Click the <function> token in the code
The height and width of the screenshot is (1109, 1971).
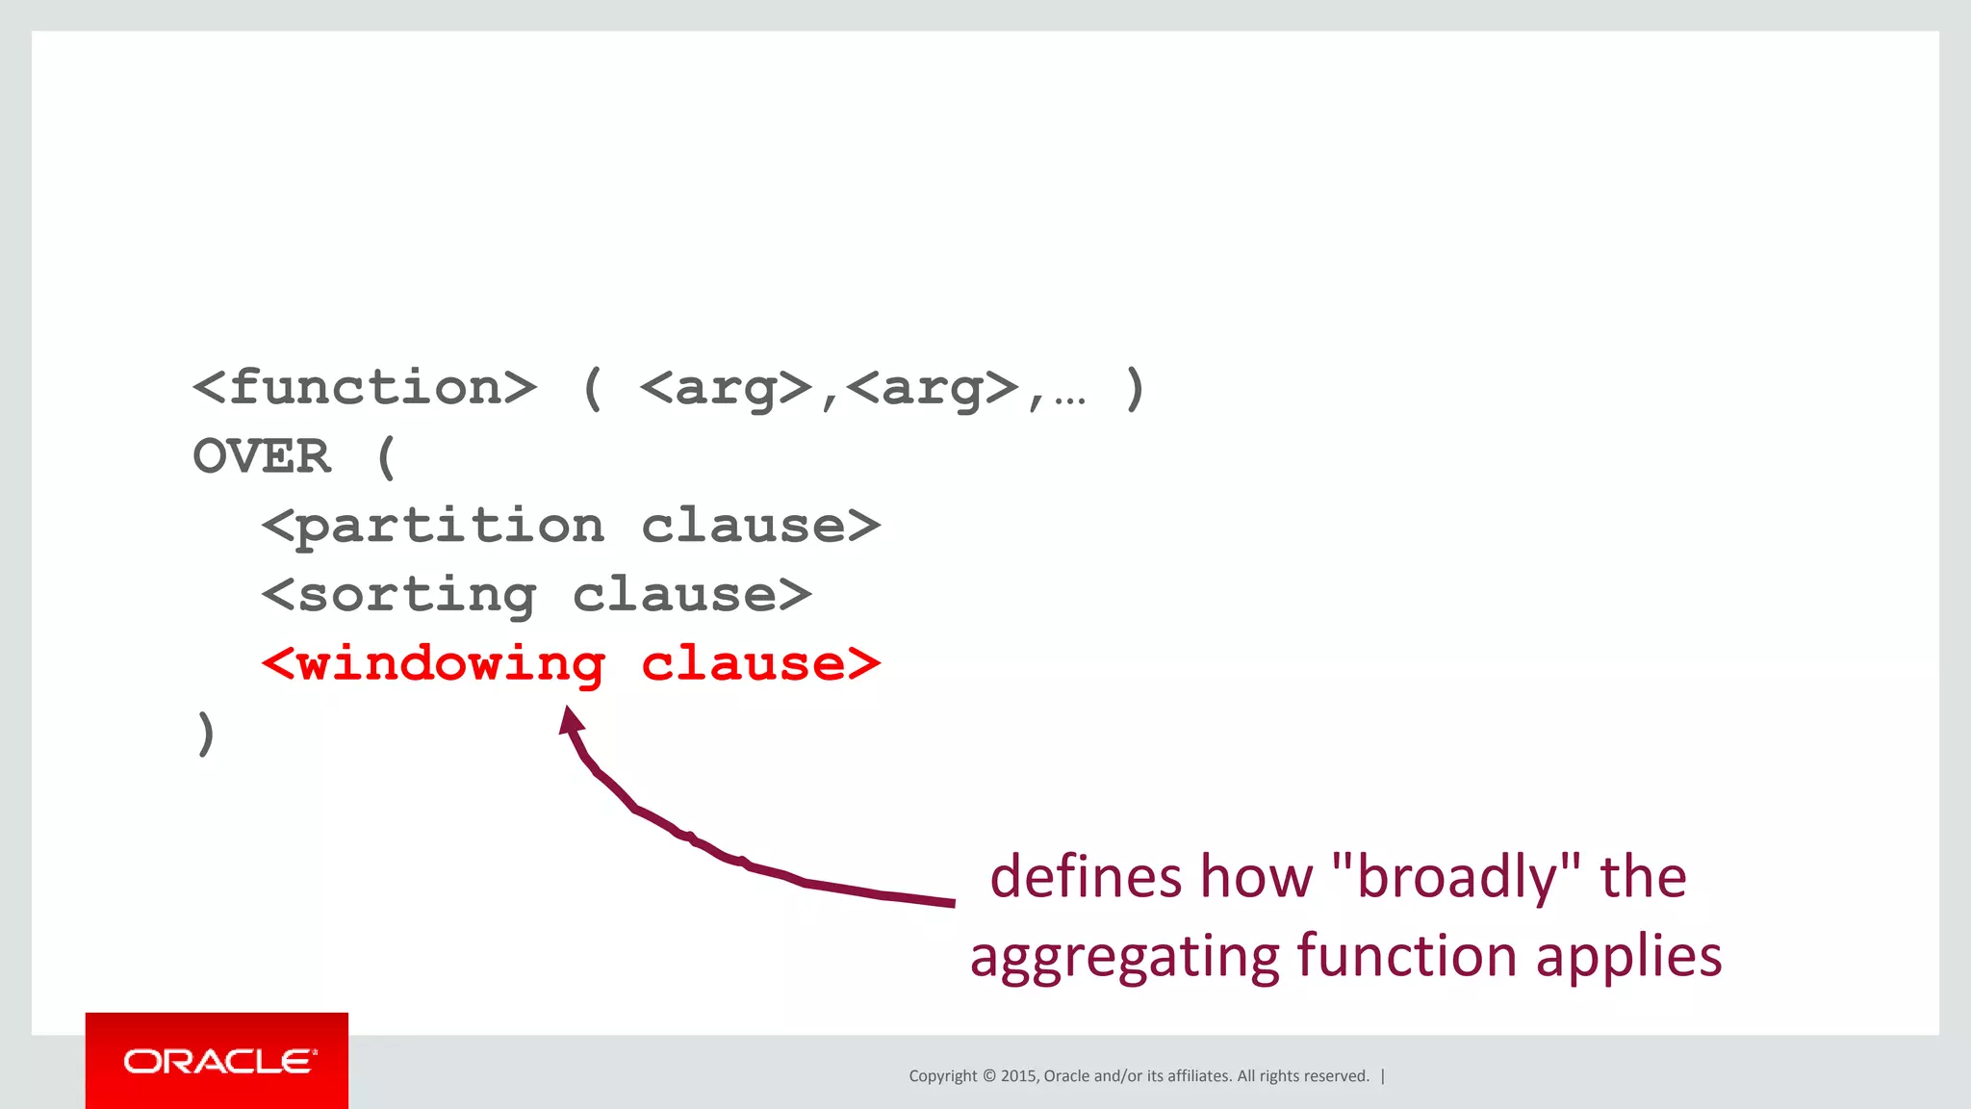pos(364,388)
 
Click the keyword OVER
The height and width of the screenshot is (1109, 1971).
pos(262,456)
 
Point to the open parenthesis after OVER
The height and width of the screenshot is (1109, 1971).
pos(386,457)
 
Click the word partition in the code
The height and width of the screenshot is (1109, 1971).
pos(449,527)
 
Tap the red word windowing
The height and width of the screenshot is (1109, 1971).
pos(449,664)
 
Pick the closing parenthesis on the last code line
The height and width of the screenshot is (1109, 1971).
pos(205,734)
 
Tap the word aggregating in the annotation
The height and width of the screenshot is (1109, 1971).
pos(1123,957)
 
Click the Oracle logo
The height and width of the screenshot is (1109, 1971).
pos(218,1061)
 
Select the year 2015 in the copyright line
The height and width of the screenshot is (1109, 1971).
pos(1018,1076)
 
